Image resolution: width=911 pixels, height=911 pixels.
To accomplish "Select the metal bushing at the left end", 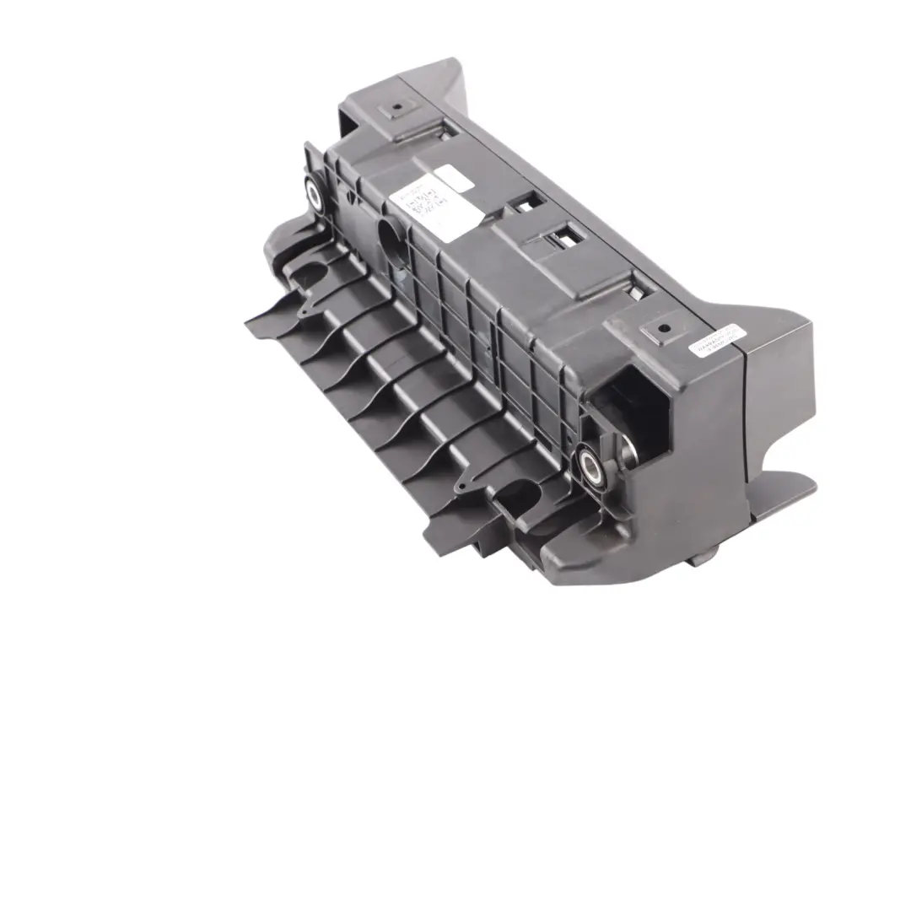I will (314, 196).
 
